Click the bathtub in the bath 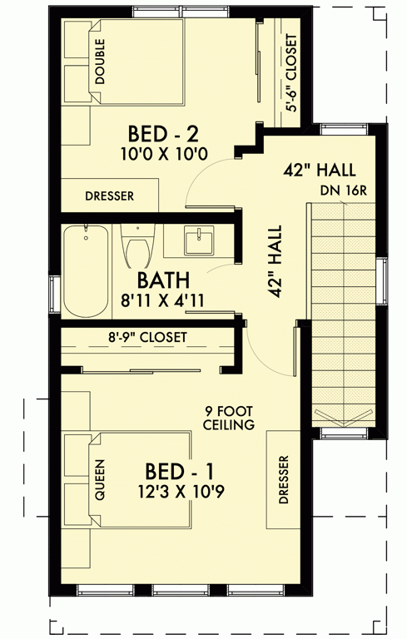tap(87, 271)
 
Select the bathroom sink tap(199, 242)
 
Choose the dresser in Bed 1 tap(283, 479)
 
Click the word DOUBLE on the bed tap(100, 62)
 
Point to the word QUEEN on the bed tap(100, 482)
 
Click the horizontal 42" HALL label tap(320, 170)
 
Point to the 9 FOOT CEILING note tap(228, 418)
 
